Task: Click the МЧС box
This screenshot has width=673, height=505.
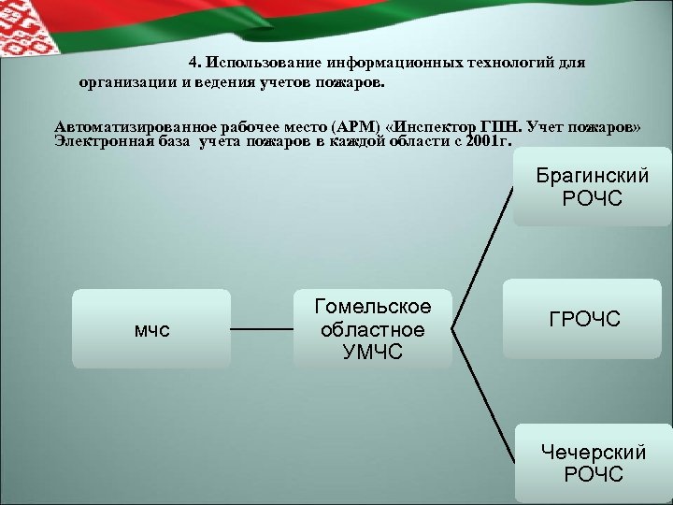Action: tap(151, 328)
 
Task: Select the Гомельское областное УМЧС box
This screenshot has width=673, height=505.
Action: tap(373, 328)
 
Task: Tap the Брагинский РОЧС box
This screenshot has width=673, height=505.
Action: tap(592, 186)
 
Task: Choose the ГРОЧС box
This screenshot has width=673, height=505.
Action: tap(592, 321)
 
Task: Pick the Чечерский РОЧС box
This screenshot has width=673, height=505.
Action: tap(593, 462)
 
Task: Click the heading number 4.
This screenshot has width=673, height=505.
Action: tap(193, 64)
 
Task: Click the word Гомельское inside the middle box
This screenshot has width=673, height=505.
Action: tap(373, 307)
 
